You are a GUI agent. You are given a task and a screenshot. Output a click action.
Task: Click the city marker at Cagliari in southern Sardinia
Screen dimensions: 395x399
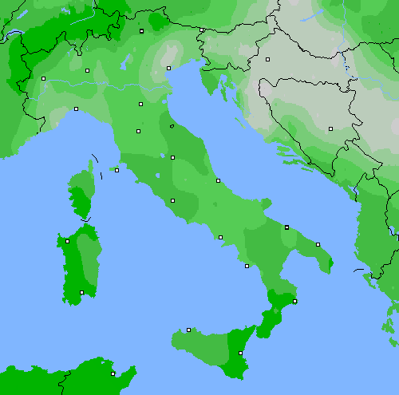pos(81,292)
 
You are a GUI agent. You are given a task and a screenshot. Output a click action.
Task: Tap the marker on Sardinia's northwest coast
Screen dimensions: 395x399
pos(67,241)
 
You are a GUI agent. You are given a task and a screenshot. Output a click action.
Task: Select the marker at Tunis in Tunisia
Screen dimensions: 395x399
pos(113,373)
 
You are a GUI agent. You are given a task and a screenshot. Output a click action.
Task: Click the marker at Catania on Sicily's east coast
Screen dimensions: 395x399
pos(240,353)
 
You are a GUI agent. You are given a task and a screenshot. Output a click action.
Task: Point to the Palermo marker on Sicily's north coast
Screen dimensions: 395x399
pos(188,330)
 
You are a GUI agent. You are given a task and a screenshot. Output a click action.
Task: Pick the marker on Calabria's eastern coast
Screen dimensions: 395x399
pos(294,301)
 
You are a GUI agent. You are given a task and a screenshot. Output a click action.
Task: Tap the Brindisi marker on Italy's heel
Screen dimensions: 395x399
pos(318,244)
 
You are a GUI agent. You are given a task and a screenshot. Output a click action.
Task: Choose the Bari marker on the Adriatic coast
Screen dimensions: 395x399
pos(286,227)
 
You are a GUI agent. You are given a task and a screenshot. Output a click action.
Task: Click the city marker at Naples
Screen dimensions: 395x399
pos(220,237)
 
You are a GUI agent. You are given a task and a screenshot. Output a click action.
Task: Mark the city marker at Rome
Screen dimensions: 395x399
pos(172,200)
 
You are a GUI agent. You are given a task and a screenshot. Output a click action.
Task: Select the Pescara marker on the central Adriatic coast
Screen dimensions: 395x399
pos(218,180)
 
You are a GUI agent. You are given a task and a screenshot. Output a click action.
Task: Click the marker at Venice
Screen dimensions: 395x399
pos(168,68)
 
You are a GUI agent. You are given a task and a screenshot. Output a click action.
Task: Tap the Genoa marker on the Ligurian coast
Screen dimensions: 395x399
pos(76,109)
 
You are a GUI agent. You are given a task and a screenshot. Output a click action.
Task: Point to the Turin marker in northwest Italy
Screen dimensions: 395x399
pos(44,78)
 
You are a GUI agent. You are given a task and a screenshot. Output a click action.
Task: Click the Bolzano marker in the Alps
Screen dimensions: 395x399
pos(141,31)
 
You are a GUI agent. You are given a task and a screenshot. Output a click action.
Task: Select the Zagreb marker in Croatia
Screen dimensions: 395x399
pos(268,59)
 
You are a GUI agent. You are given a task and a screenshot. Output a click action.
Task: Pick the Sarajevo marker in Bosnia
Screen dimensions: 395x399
pos(330,128)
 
